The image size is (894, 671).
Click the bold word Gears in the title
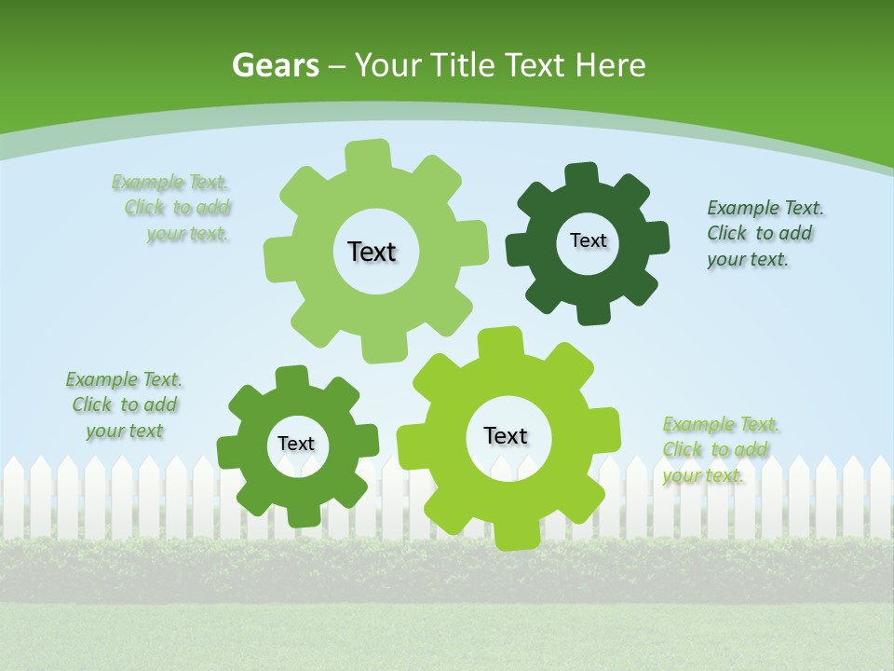click(x=275, y=65)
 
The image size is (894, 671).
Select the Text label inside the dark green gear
click(x=588, y=240)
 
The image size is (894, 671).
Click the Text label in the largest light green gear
click(x=372, y=252)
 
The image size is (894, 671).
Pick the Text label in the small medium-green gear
click(x=296, y=445)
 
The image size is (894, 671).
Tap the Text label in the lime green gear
click(x=506, y=436)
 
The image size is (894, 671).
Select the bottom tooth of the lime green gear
click(x=515, y=535)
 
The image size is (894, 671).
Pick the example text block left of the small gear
click(x=124, y=405)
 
